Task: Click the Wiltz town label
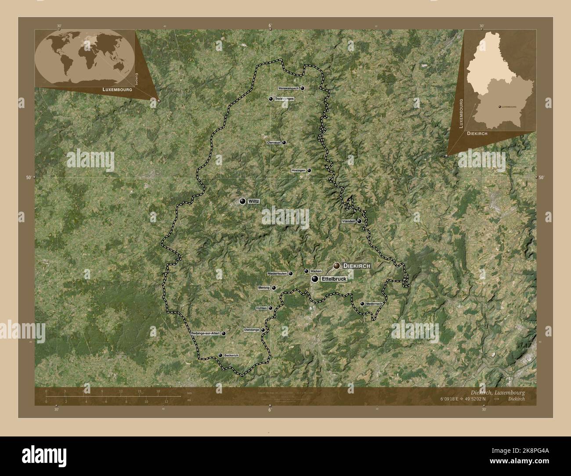(x=254, y=201)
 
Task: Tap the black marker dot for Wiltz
(x=242, y=201)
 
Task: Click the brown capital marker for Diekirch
(x=336, y=265)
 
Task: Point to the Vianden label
(x=348, y=221)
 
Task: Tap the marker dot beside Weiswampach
(x=303, y=88)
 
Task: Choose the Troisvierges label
(x=284, y=99)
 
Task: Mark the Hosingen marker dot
(x=309, y=170)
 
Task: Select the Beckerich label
(x=231, y=355)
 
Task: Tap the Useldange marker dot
(x=263, y=330)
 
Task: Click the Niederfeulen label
(x=277, y=274)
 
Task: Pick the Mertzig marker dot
(x=274, y=288)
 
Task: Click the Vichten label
(x=261, y=308)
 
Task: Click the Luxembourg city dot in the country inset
(x=499, y=106)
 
